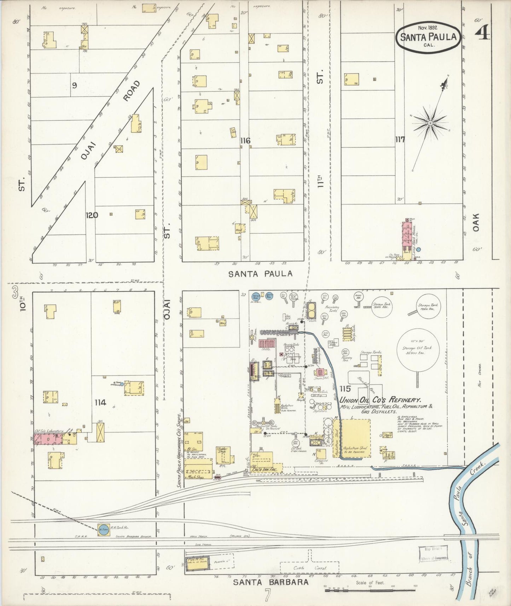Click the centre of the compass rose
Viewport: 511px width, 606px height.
tap(430, 123)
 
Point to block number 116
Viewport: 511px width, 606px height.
tap(245, 141)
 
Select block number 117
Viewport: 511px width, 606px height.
tap(400, 139)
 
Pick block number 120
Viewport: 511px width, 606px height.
tap(92, 215)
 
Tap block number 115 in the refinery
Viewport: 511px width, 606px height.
tap(345, 389)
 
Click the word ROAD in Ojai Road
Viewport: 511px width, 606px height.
tap(131, 90)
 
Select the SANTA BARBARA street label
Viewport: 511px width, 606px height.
tap(271, 582)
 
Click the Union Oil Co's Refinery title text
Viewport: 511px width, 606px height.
tap(380, 400)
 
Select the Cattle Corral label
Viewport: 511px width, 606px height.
tap(309, 568)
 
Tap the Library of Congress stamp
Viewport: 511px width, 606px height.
tap(433, 553)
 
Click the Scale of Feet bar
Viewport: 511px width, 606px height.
tap(370, 590)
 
